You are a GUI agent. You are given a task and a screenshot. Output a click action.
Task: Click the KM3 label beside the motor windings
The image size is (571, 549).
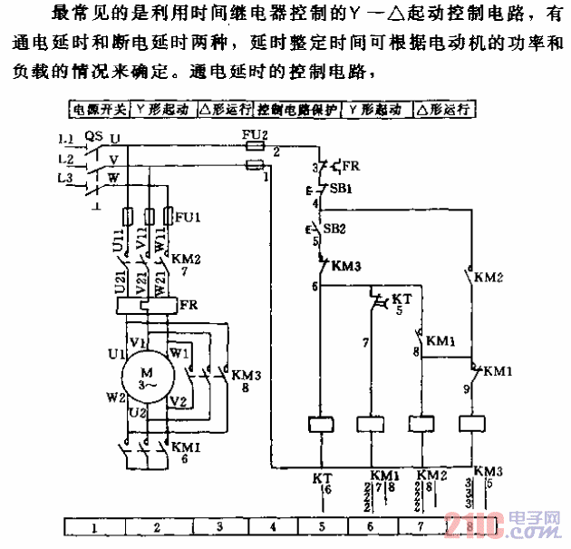[x=247, y=374]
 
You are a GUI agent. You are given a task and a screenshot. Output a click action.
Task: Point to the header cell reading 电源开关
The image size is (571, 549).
[x=101, y=109]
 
